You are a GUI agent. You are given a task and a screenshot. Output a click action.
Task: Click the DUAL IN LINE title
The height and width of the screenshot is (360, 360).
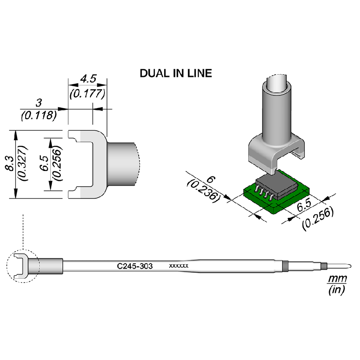click(175, 73)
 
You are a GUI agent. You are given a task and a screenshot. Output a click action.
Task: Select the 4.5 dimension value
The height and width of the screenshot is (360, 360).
click(88, 79)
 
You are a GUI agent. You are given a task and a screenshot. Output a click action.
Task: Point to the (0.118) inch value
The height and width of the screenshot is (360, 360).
click(38, 115)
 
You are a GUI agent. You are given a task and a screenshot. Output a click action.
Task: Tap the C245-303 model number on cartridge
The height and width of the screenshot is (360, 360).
click(135, 266)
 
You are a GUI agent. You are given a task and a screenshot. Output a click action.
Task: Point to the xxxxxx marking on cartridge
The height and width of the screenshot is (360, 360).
click(178, 266)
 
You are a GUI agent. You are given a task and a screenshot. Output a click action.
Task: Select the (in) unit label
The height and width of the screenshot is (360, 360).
click(337, 290)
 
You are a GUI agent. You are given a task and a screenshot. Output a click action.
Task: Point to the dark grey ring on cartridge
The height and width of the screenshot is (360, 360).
click(284, 265)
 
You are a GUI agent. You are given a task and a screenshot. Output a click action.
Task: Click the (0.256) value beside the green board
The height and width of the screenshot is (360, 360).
click(318, 218)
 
